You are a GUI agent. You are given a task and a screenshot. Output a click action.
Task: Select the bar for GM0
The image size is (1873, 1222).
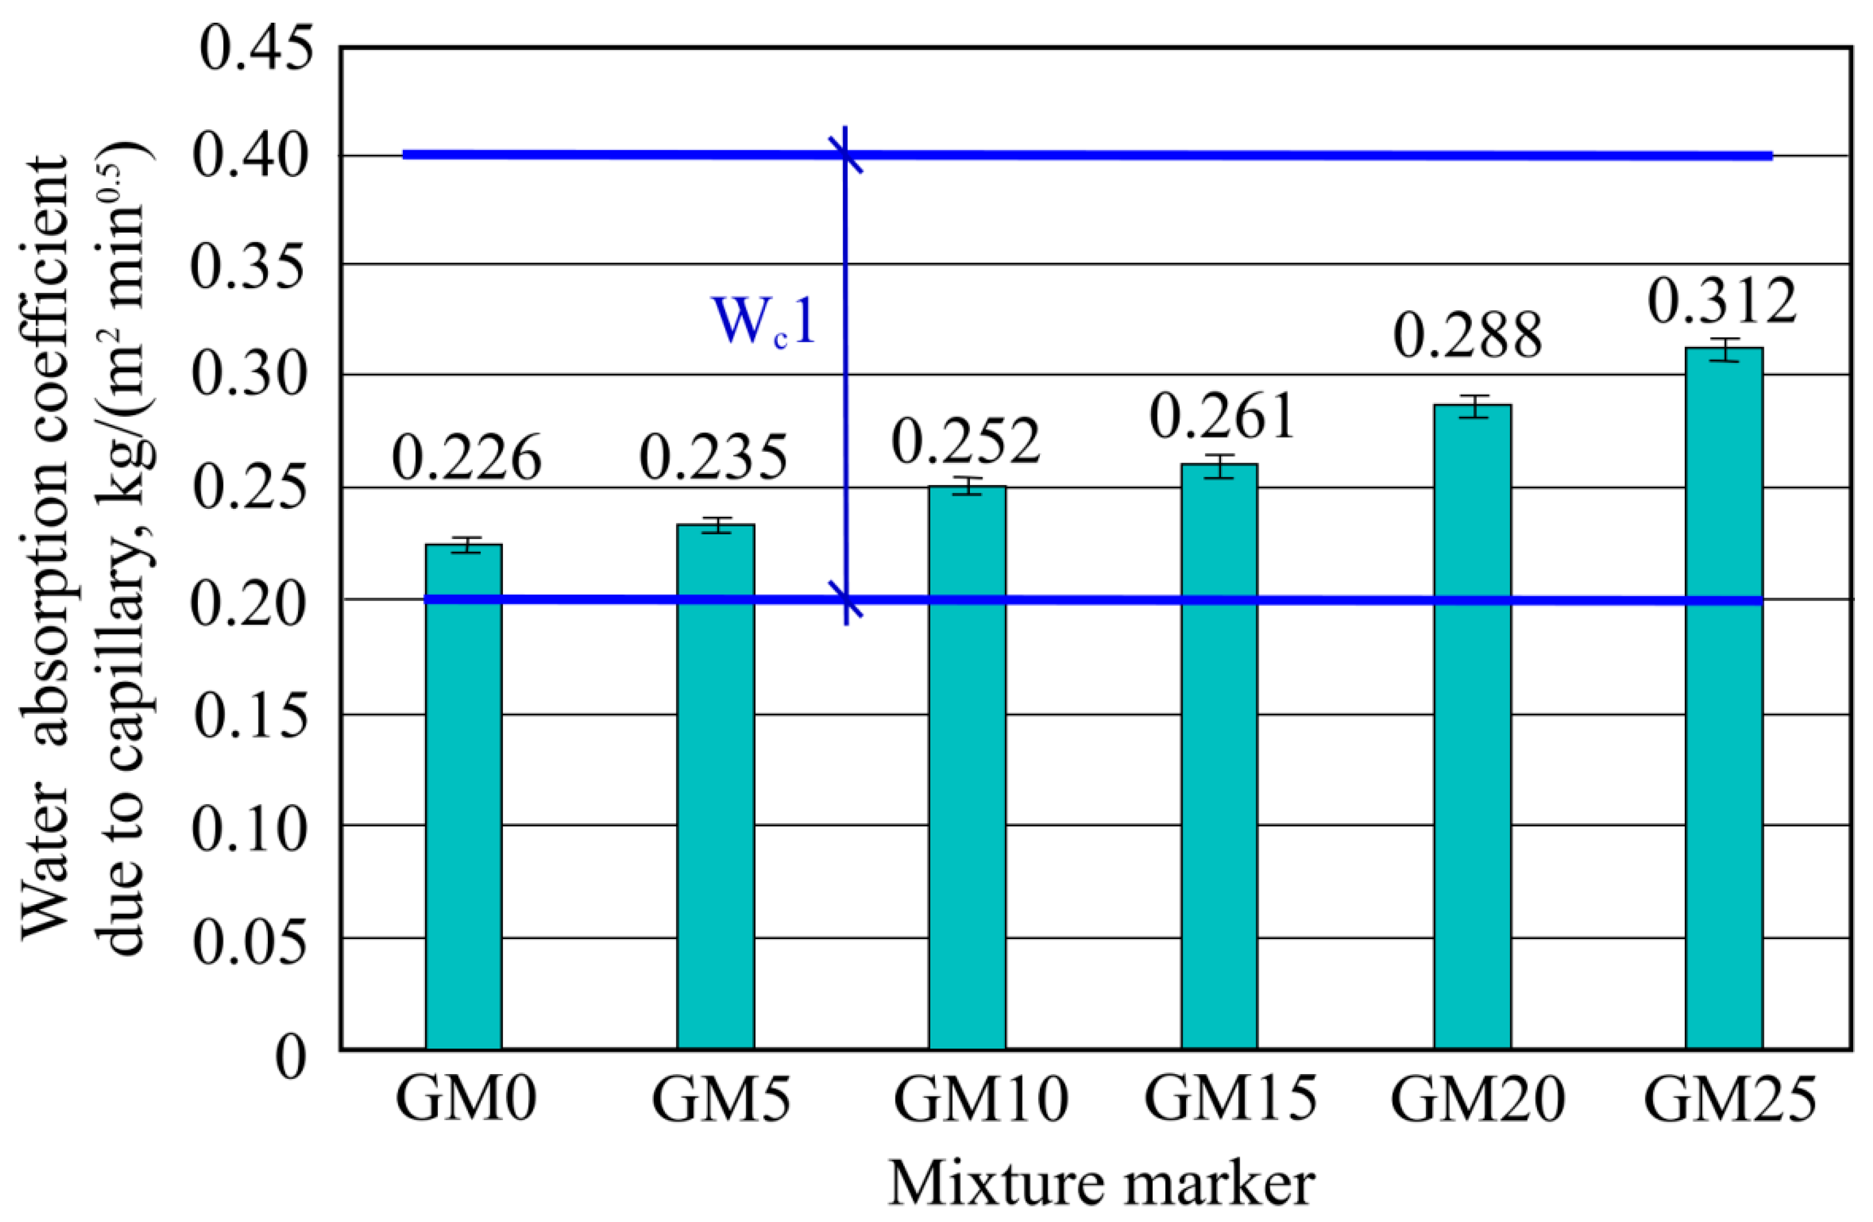coord(463,795)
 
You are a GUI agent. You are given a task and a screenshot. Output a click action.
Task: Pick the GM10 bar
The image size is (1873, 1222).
coord(967,767)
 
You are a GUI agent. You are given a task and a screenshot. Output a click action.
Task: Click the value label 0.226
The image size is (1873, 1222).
coord(467,458)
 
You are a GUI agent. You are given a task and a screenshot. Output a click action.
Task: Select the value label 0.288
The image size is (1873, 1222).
coord(1468,337)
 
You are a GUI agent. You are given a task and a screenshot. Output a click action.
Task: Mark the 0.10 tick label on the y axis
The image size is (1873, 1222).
coord(249,830)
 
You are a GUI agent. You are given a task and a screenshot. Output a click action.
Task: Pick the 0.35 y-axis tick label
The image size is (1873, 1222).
coord(249,268)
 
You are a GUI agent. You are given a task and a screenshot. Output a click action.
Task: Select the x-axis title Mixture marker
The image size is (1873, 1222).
coord(1102,1184)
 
